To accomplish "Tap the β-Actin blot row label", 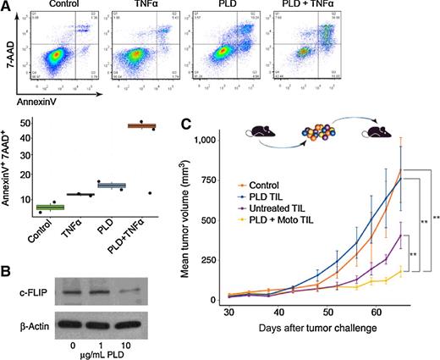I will coord(27,324).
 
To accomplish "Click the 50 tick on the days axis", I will coord(364,313).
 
